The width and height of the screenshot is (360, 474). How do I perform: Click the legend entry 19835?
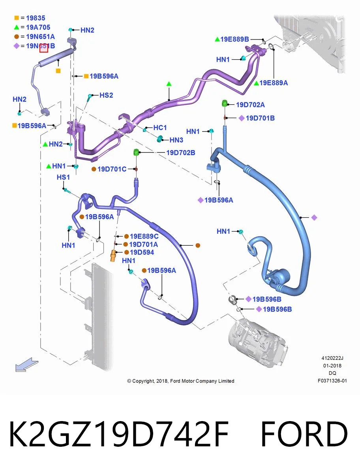36,18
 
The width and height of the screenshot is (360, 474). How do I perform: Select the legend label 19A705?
38,27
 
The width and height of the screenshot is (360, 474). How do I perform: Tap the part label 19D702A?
250,105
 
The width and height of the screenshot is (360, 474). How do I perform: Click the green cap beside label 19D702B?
136,152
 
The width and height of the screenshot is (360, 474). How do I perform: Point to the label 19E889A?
274,83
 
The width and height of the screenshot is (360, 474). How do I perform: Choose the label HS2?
106,95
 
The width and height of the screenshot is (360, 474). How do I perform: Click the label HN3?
176,140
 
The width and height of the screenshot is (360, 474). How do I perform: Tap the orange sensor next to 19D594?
113,256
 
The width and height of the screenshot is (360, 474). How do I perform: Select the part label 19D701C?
112,169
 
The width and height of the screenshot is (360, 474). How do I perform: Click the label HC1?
160,128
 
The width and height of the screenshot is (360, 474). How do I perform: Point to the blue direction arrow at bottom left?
27,365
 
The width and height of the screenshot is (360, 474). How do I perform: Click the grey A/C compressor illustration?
258,343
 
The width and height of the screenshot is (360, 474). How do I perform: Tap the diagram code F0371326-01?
332,381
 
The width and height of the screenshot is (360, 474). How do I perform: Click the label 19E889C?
144,236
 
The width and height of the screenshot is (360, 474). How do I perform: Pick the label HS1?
63,177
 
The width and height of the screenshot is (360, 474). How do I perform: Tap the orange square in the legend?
17,18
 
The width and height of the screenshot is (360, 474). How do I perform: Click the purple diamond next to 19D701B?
242,118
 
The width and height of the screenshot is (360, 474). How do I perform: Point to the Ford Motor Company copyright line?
181,381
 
